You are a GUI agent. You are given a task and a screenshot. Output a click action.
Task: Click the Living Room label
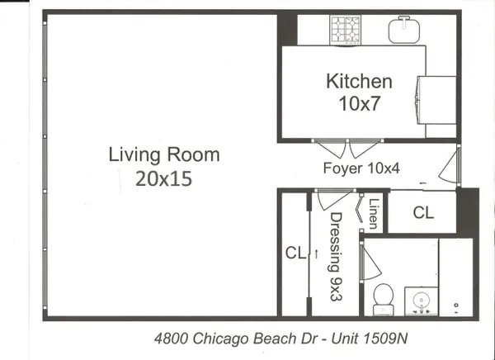tap(164, 154)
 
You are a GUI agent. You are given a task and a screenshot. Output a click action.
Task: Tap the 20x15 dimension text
tap(164, 178)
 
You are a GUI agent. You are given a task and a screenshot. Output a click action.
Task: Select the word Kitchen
tap(359, 81)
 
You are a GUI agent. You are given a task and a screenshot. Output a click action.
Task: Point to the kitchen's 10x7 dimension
tap(359, 103)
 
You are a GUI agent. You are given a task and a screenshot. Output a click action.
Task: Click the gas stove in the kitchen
tap(346, 30)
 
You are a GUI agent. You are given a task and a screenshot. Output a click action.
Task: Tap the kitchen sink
tap(404, 30)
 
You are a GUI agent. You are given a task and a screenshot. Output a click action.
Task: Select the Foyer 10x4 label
tap(361, 168)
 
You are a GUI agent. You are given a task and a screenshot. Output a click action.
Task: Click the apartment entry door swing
tap(448, 168)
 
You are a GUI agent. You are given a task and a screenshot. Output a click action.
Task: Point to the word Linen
tap(374, 213)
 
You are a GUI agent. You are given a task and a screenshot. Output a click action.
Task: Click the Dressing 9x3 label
tap(336, 256)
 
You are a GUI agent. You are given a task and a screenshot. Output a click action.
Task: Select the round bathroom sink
tap(421, 301)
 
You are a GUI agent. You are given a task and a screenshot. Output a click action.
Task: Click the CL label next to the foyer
tap(423, 213)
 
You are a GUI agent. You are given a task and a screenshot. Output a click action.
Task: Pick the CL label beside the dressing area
tap(295, 253)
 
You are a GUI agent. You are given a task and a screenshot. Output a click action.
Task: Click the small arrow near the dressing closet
tap(316, 253)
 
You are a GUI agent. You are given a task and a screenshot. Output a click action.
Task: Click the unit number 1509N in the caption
tap(385, 339)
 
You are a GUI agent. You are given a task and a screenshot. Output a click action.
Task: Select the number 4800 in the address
tap(172, 339)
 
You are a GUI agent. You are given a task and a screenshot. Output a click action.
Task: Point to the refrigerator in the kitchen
tap(436, 100)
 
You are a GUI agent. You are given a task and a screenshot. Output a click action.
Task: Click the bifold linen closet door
tap(360, 211)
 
